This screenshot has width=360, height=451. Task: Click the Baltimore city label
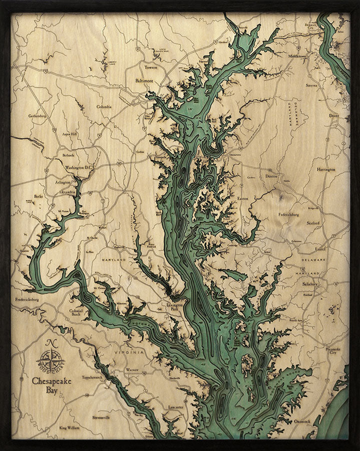click(x=144, y=80)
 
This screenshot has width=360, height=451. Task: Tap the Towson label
click(x=151, y=67)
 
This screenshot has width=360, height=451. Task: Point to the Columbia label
click(x=104, y=107)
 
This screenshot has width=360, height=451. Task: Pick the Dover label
click(x=334, y=116)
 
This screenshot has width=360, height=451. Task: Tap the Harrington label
click(x=326, y=169)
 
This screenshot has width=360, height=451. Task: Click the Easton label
click(x=242, y=198)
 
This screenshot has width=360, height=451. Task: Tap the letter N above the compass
click(x=51, y=343)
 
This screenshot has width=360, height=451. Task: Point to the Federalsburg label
click(x=288, y=214)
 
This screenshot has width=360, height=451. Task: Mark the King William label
click(x=70, y=427)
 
